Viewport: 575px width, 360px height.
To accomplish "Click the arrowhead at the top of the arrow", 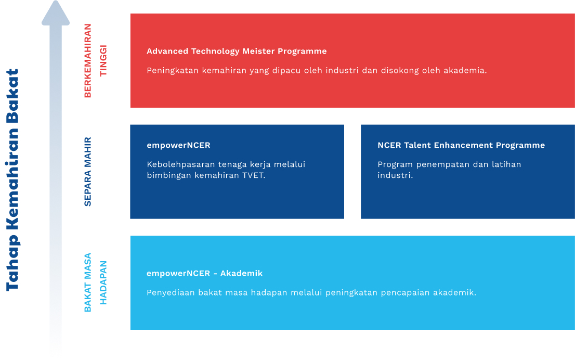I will pyautogui.click(x=56, y=14).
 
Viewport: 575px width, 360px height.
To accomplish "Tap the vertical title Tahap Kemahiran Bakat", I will pyautogui.click(x=12, y=180).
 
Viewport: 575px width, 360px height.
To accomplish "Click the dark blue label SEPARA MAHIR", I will pyautogui.click(x=88, y=172).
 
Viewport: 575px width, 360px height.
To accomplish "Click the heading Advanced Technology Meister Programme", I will pyautogui.click(x=237, y=51).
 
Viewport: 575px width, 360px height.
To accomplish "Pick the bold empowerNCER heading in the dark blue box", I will pyautogui.click(x=178, y=145).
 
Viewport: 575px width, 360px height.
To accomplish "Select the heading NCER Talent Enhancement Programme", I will pyautogui.click(x=461, y=145).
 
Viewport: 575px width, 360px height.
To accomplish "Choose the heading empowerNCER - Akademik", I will pyautogui.click(x=204, y=273).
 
